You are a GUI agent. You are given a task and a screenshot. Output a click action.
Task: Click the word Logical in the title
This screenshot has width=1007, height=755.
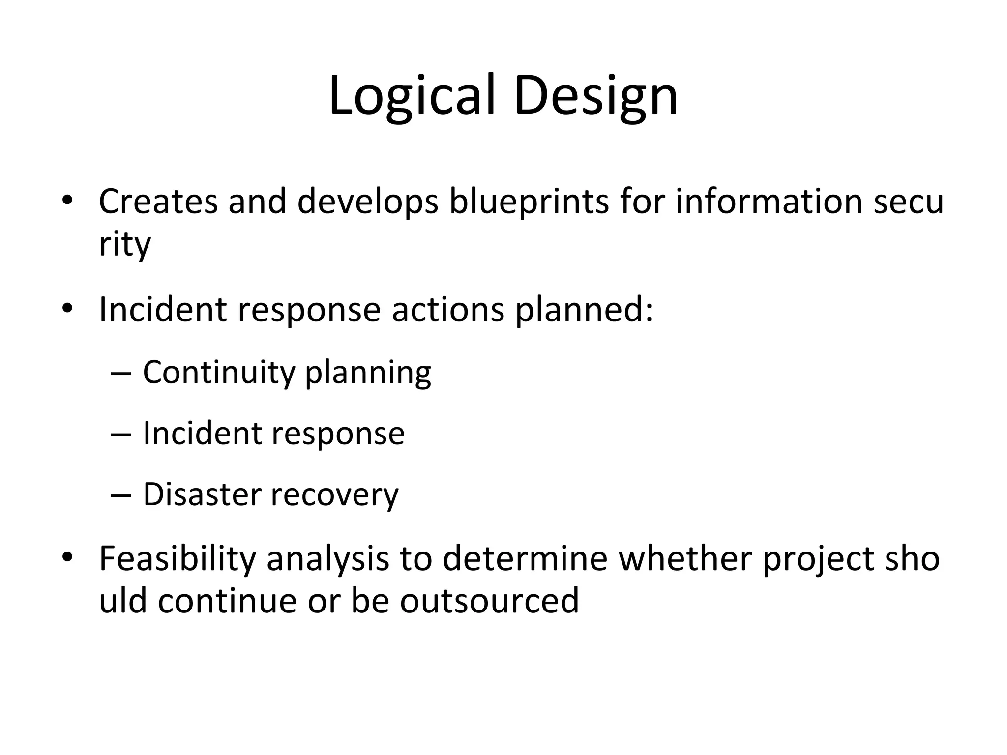[x=411, y=96]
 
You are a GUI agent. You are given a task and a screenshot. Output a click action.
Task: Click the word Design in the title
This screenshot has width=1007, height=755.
[x=595, y=96]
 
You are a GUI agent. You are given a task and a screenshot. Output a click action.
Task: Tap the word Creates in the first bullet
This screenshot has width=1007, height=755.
[x=158, y=202]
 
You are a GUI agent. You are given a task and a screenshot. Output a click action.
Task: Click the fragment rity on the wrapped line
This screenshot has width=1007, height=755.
[x=124, y=244]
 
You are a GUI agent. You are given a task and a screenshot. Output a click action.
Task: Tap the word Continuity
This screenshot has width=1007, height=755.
[x=218, y=373]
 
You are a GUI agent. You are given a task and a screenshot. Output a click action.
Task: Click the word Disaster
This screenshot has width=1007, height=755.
[x=202, y=494]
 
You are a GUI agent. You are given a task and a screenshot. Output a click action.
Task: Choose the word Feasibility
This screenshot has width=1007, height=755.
[x=178, y=559]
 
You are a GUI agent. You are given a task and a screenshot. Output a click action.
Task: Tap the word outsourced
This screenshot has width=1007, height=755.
[x=489, y=601]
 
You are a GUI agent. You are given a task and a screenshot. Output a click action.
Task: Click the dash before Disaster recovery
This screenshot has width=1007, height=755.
[x=121, y=495]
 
